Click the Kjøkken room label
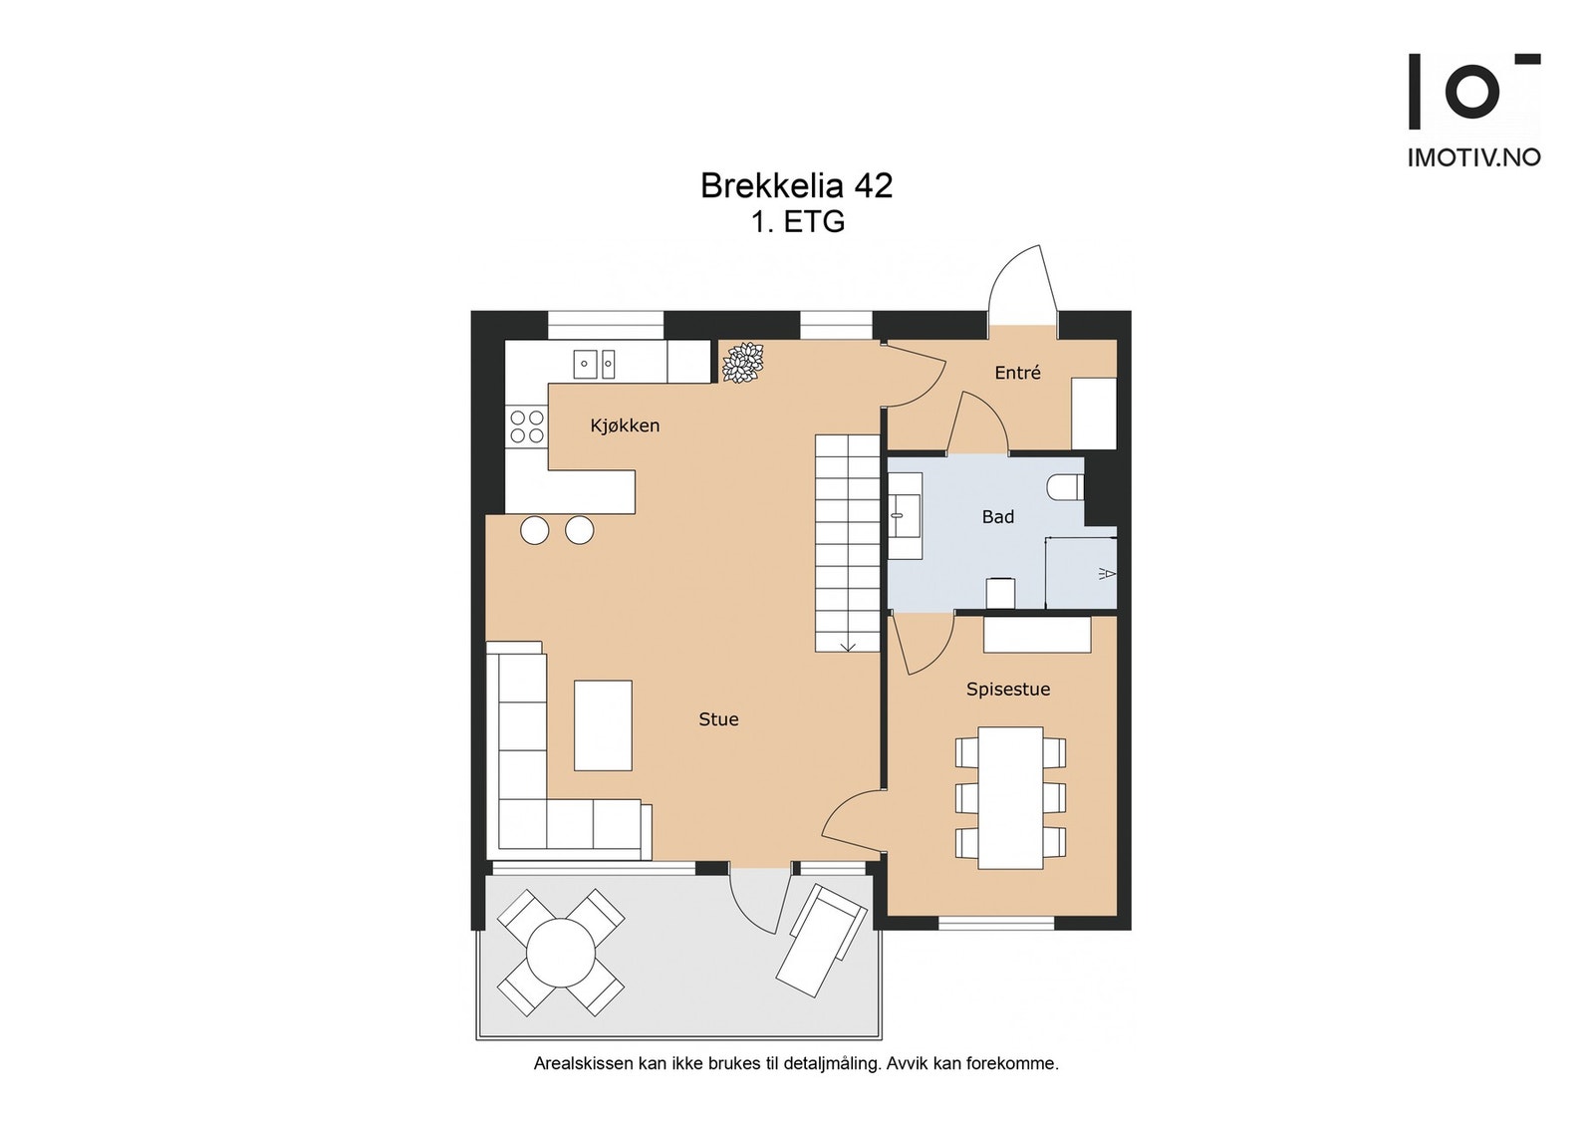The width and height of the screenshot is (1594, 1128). coord(625,425)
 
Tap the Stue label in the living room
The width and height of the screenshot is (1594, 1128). coord(718,719)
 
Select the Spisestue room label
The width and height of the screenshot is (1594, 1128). coord(1007,690)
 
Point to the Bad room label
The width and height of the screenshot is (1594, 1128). coord(997,517)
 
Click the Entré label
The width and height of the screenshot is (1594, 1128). coord(1017,373)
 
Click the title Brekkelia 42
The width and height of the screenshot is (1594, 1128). coord(796,186)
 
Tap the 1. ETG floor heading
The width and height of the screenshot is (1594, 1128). coord(797,221)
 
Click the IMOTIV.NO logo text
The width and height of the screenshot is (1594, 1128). coord(1472,157)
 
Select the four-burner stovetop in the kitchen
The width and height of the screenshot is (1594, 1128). coord(527,426)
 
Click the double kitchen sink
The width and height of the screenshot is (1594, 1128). coord(594,364)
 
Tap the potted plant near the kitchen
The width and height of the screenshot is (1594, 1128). coord(742,363)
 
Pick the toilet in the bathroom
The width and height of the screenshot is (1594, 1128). coord(1065,487)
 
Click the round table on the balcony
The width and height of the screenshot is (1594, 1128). coord(561,953)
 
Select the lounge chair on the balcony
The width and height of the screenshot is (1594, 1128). coord(821,939)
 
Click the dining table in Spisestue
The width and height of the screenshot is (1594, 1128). coord(1010,797)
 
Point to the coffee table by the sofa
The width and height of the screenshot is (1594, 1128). coord(603,724)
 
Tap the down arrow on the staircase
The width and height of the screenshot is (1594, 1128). coord(848,646)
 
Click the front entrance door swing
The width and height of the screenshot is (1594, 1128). coord(1022,279)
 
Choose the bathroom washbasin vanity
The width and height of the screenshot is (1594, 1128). coord(906,515)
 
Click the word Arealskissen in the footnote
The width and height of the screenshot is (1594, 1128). coord(583,1063)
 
